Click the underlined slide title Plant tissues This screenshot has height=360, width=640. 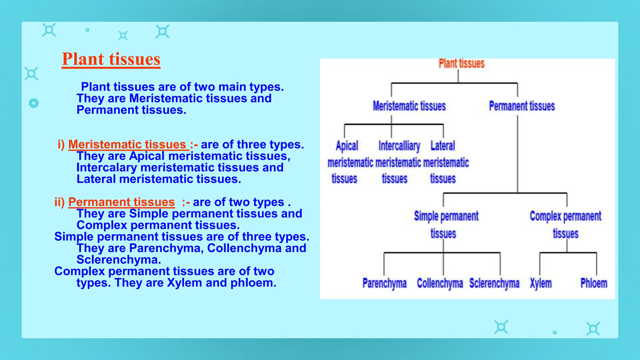coord(111,59)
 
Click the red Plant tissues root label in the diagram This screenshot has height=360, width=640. coord(461,63)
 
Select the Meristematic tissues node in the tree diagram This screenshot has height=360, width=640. coord(409,106)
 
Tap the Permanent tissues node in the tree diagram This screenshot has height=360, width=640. coord(522,106)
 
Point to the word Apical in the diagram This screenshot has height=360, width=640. coord(347,146)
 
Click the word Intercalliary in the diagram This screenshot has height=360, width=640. coord(399,146)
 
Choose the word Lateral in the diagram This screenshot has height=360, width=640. coord(442,146)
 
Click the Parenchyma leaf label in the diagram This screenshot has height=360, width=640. coord(384,283)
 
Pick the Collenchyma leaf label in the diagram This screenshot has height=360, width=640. coord(440,283)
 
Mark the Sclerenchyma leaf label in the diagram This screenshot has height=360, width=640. coord(494,283)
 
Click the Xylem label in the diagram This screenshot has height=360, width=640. coord(541,283)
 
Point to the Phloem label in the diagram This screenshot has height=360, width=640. coord(593,283)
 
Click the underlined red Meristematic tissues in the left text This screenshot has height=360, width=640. coord(127,144)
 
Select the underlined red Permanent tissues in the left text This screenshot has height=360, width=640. coord(121,202)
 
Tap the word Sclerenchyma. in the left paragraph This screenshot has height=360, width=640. coord(119,260)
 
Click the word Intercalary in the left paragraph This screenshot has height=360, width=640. coord(107,167)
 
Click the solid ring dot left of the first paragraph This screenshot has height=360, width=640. coord(34,103)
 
